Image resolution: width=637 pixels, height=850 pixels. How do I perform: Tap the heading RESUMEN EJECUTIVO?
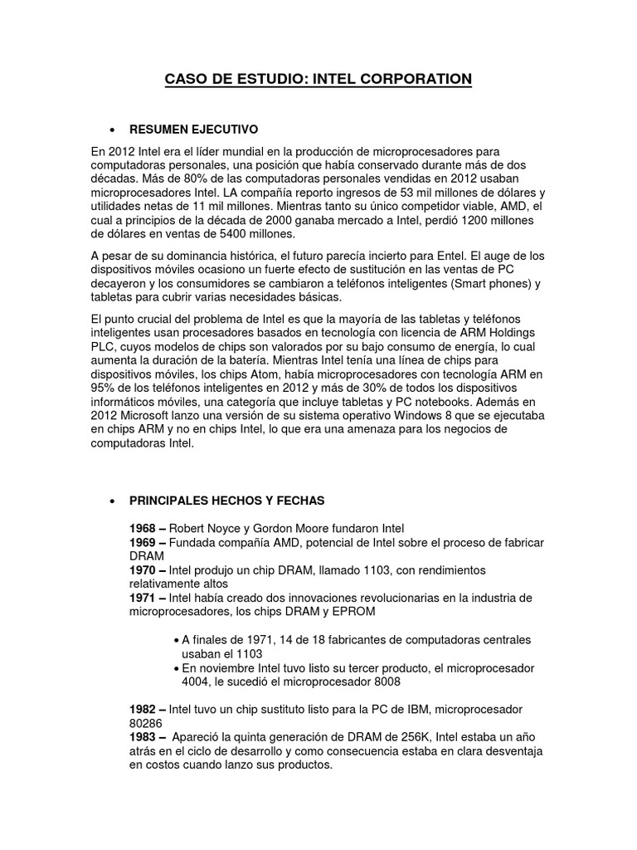(194, 130)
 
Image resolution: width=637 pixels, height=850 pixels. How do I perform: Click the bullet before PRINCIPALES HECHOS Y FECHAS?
(112, 501)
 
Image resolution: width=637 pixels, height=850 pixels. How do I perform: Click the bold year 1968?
(143, 528)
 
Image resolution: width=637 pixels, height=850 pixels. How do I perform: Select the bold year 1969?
(143, 542)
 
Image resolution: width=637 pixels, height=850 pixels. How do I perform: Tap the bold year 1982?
(143, 710)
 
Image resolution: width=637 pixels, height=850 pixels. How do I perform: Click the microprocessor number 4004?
(196, 681)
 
